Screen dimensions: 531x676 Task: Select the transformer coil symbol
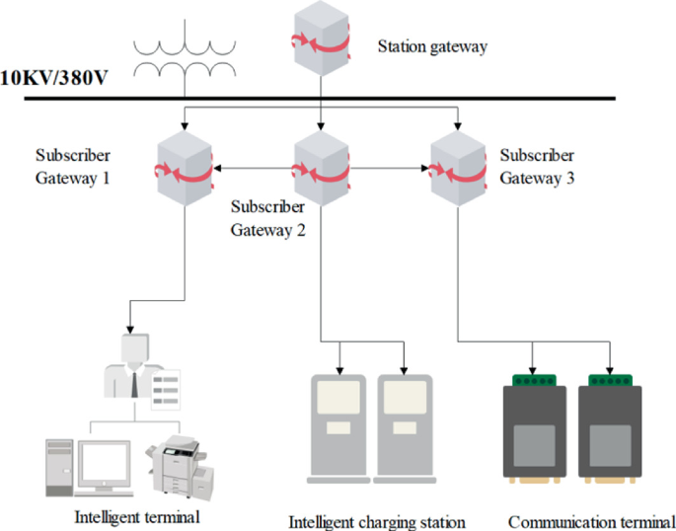(x=185, y=57)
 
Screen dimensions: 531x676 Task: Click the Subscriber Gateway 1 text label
(x=72, y=167)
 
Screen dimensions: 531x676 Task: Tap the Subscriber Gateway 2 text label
(x=267, y=219)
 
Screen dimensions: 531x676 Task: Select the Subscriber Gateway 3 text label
(x=537, y=167)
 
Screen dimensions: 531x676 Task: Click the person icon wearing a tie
(x=134, y=365)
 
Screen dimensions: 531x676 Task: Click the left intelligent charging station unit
(x=339, y=425)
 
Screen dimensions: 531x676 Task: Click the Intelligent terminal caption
(x=137, y=516)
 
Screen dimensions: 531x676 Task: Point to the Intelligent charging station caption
(x=376, y=521)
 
